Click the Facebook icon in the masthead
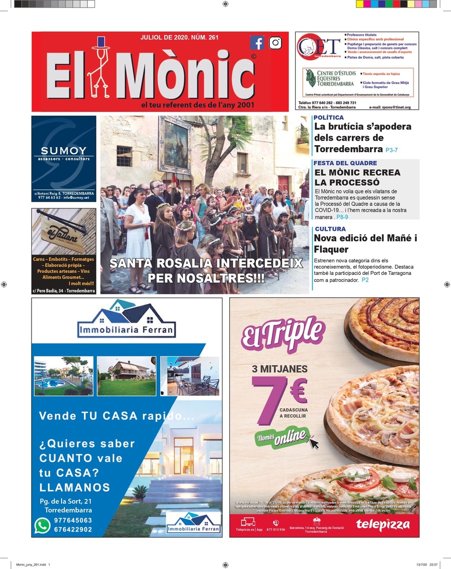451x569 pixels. coord(257,43)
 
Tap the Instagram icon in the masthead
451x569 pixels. coord(275,43)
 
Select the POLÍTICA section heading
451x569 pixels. coord(329,118)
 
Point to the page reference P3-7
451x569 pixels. coord(391,150)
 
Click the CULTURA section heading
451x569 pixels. coord(329,229)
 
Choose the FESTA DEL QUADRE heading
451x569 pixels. coord(345,163)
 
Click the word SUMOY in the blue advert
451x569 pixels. coord(64,151)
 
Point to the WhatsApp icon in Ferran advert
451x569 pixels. coord(42,524)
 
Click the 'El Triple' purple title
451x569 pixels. coord(282,333)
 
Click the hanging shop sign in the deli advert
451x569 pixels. coord(56,235)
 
